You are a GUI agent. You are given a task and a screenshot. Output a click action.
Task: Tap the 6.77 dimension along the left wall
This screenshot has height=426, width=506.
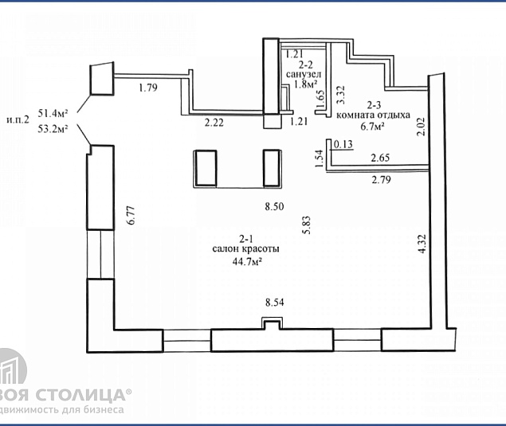[127, 218]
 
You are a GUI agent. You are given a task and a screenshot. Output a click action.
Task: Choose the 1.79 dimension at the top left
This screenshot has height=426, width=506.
[147, 88]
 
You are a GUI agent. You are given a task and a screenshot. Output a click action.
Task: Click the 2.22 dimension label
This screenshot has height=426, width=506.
[214, 123]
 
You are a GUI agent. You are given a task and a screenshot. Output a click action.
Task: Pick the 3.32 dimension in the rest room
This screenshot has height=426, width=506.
[340, 96]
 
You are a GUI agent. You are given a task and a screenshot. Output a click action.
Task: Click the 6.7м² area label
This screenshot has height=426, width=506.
[373, 126]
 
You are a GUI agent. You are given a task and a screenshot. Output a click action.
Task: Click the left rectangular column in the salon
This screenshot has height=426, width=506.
[207, 167]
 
